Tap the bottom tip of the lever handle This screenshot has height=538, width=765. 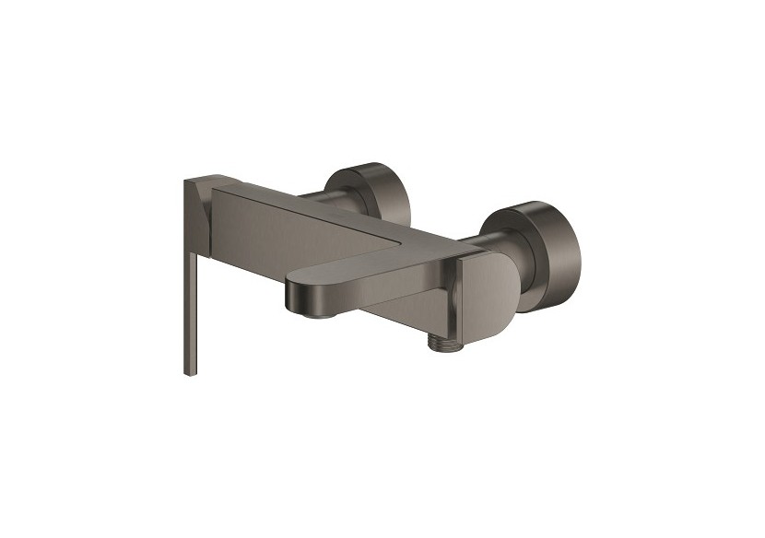click(x=190, y=371)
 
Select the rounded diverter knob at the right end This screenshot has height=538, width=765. click(x=488, y=286)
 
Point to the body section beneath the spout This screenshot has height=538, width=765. click(x=406, y=313)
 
